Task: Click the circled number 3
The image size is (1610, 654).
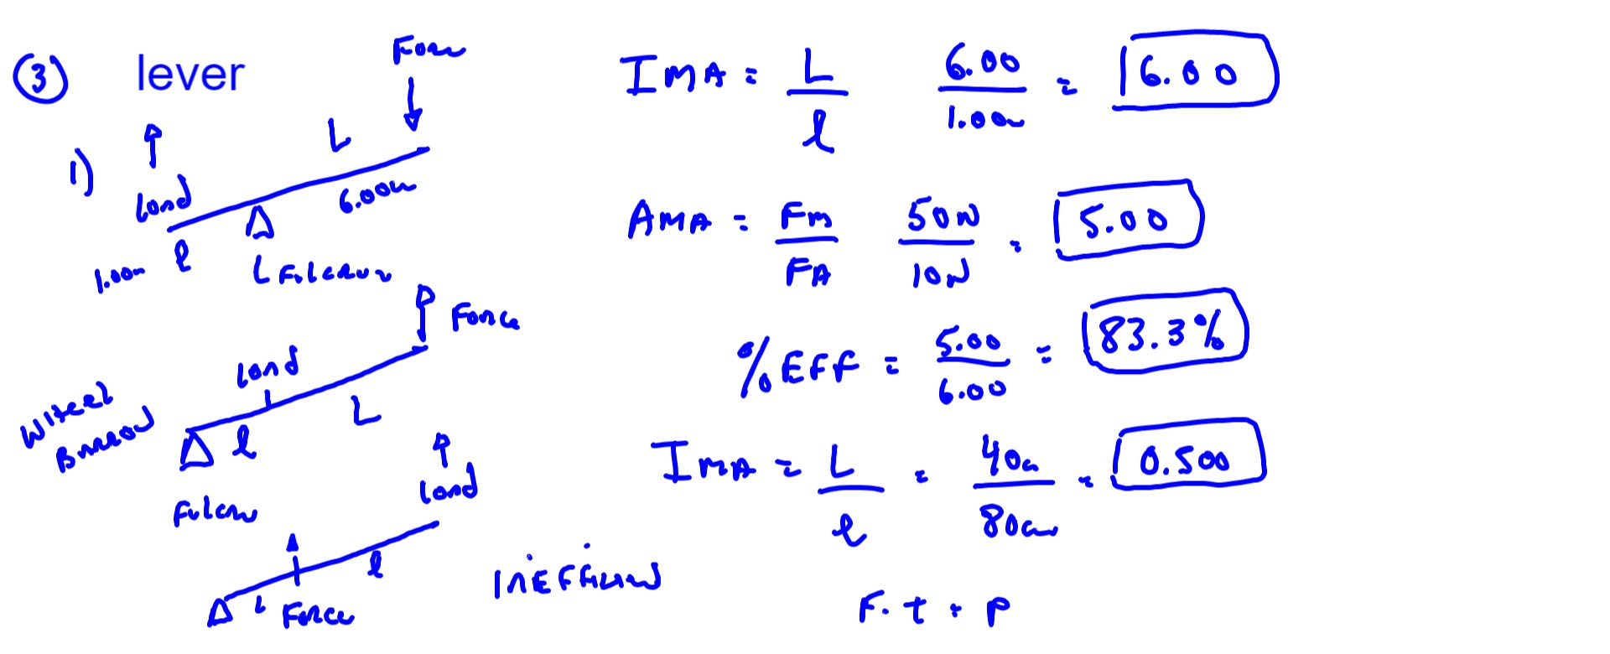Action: click(39, 78)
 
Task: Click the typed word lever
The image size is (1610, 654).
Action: click(190, 74)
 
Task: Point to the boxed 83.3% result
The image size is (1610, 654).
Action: click(1163, 332)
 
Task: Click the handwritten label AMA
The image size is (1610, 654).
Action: click(670, 220)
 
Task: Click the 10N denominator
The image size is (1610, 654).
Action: click(940, 272)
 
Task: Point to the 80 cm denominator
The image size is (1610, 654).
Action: click(1016, 522)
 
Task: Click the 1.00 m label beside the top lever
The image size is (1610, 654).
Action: click(119, 278)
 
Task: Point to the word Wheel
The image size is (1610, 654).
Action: click(65, 415)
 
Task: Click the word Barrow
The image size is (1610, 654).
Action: click(105, 442)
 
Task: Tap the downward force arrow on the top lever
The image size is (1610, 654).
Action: click(412, 105)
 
